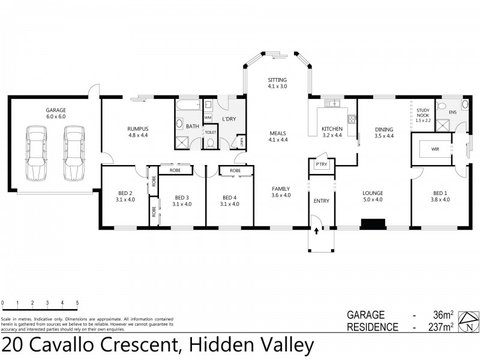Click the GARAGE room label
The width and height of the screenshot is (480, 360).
tap(55, 110)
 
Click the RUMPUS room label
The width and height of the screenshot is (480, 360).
tap(137, 128)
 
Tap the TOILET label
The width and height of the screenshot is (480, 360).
tap(210, 132)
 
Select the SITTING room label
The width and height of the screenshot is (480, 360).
tap(277, 80)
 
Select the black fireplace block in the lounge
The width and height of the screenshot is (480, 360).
tap(372, 224)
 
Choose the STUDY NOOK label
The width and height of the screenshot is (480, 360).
tap(424, 115)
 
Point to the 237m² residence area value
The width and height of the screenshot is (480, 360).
tap(442, 327)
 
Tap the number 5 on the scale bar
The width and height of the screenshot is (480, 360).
tap(77, 303)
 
